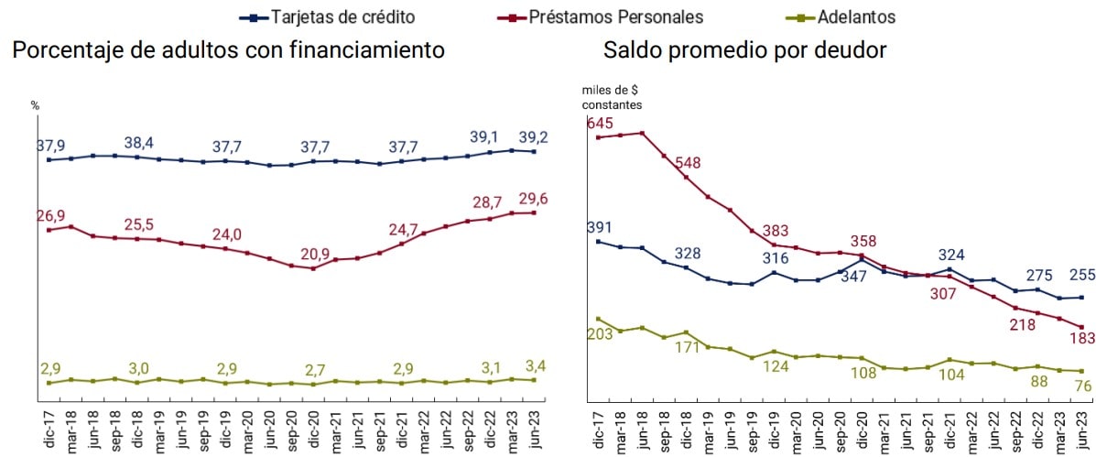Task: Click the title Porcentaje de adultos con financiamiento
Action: tap(229, 49)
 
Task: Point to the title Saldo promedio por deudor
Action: tap(744, 49)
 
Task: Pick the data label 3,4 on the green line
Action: tap(532, 366)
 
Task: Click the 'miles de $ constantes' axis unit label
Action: tap(612, 96)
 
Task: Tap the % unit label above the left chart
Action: tap(36, 105)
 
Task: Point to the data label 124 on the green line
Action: tap(776, 367)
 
